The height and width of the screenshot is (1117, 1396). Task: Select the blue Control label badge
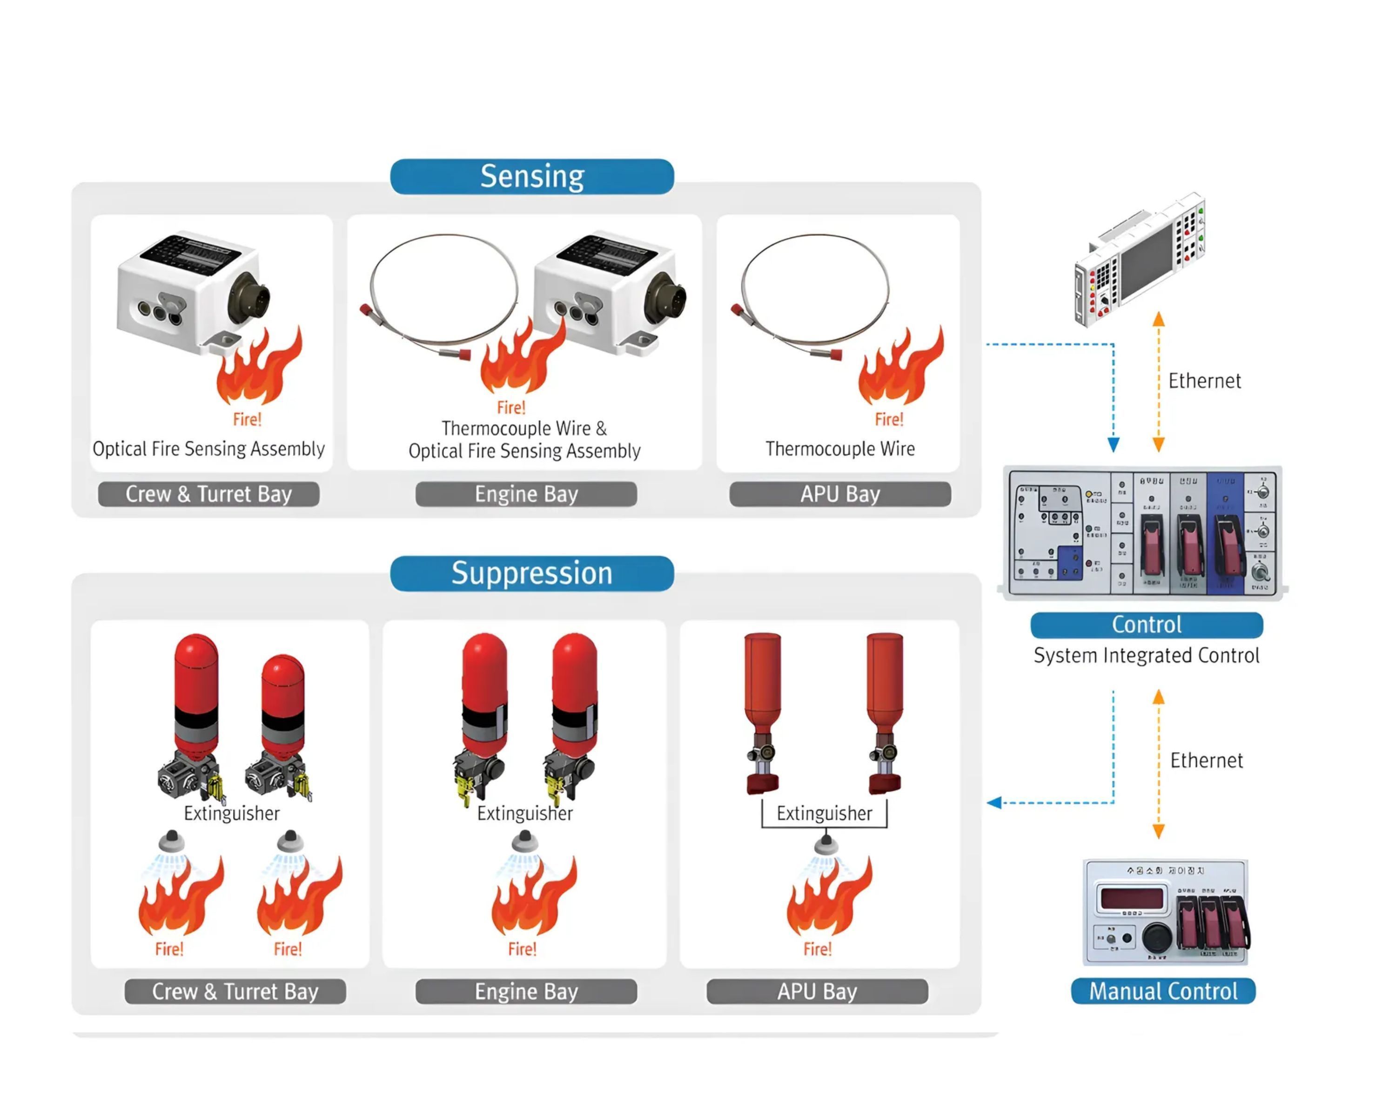[1146, 625]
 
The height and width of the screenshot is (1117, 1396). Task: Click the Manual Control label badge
[1163, 991]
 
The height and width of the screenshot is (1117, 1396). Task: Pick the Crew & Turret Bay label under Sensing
[208, 494]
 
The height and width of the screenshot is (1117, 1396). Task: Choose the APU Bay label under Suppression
[817, 991]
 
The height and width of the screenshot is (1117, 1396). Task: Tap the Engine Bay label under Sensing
[526, 494]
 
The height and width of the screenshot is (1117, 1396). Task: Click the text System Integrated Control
[1146, 655]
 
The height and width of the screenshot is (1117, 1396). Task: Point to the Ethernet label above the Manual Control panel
[1206, 760]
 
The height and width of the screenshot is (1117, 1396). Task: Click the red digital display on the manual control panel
[1131, 899]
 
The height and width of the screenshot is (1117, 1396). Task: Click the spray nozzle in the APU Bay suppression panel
[825, 844]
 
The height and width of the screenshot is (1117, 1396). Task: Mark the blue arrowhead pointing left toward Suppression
[994, 803]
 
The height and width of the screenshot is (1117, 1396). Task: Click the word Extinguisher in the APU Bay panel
[824, 813]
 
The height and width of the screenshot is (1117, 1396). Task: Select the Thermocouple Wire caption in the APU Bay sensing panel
[840, 449]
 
